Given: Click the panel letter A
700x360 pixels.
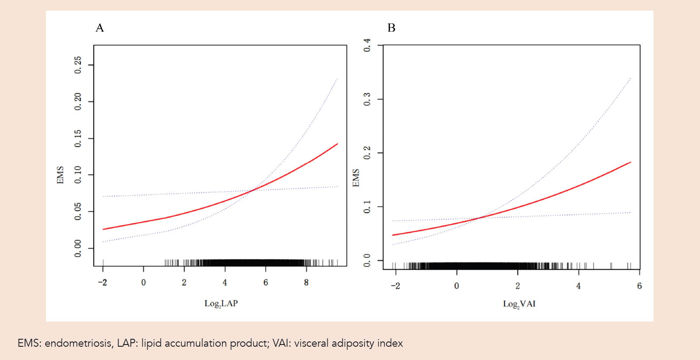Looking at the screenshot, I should pyautogui.click(x=100, y=28).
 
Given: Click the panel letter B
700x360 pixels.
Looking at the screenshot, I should pyautogui.click(x=391, y=28).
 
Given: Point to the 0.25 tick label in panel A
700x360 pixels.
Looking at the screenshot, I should pyautogui.click(x=78, y=65).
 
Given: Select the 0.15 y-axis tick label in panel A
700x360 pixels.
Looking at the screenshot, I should pyautogui.click(x=78, y=138).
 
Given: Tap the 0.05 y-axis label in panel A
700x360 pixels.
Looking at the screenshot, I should pyautogui.click(x=78, y=211).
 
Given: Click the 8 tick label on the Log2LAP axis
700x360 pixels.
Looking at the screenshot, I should pyautogui.click(x=306, y=283).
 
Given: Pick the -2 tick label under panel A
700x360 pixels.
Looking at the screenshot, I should pyautogui.click(x=102, y=283).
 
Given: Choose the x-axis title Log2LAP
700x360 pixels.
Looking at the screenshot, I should pyautogui.click(x=221, y=303).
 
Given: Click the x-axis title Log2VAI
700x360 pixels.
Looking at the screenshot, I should pyautogui.click(x=519, y=304).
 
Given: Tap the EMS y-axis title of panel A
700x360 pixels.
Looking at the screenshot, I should pyautogui.click(x=60, y=175).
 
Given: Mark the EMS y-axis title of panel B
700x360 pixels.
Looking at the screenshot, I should pyautogui.click(x=356, y=178).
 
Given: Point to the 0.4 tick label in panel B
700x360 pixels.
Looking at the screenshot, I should pyautogui.click(x=367, y=45).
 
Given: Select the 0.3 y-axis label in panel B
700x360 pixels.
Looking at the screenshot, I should pyautogui.click(x=367, y=99).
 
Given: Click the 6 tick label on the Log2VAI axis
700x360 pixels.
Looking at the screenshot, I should pyautogui.click(x=639, y=286).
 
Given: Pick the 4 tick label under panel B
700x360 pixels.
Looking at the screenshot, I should pyautogui.click(x=578, y=286).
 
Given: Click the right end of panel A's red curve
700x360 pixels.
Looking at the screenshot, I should pyautogui.click(x=337, y=144).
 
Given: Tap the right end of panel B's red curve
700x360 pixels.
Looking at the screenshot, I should pyautogui.click(x=630, y=162).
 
